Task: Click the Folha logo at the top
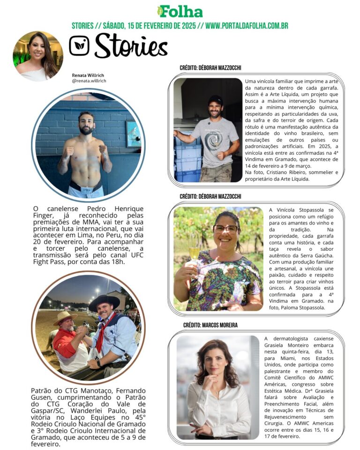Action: [x=180, y=11]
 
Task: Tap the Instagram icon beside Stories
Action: [x=79, y=46]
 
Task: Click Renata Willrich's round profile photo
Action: [x=38, y=56]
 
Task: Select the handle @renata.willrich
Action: [x=89, y=81]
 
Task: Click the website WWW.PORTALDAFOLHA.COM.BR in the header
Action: [x=247, y=25]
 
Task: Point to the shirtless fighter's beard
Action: [x=86, y=129]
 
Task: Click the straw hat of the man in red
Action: [x=65, y=317]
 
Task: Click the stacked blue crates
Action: [x=187, y=159]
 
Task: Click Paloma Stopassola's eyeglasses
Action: [x=225, y=229]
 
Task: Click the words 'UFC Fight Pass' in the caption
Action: [x=55, y=262]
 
